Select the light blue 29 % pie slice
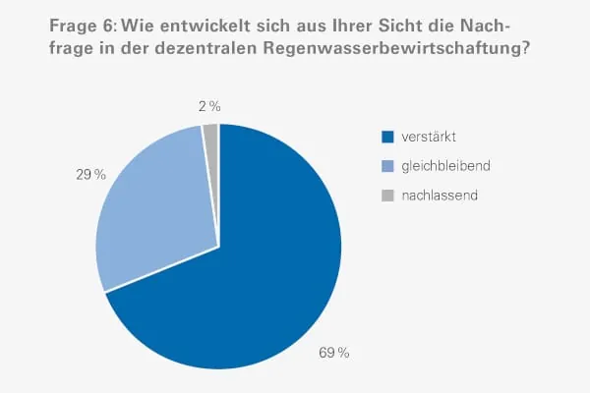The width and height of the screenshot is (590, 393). click(157, 216)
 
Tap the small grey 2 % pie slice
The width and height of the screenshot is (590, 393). click(211, 135)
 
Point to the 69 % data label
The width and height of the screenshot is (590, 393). click(334, 352)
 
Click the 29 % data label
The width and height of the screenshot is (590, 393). click(92, 174)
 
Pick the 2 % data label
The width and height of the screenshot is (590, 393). click(207, 106)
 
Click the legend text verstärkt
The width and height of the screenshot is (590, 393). click(427, 137)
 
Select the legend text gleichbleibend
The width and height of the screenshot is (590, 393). click(445, 166)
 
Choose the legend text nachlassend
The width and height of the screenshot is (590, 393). click(440, 196)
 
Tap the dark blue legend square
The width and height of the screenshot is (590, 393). click(387, 137)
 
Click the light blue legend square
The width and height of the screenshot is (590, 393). click(387, 166)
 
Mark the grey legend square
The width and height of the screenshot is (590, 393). click(387, 196)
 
